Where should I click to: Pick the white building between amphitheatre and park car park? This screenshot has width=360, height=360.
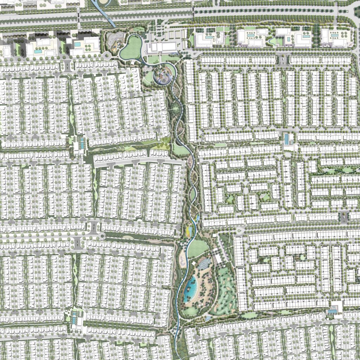[x=219, y=259]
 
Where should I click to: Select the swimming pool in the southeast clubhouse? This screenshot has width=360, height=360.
[x=332, y=311]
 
